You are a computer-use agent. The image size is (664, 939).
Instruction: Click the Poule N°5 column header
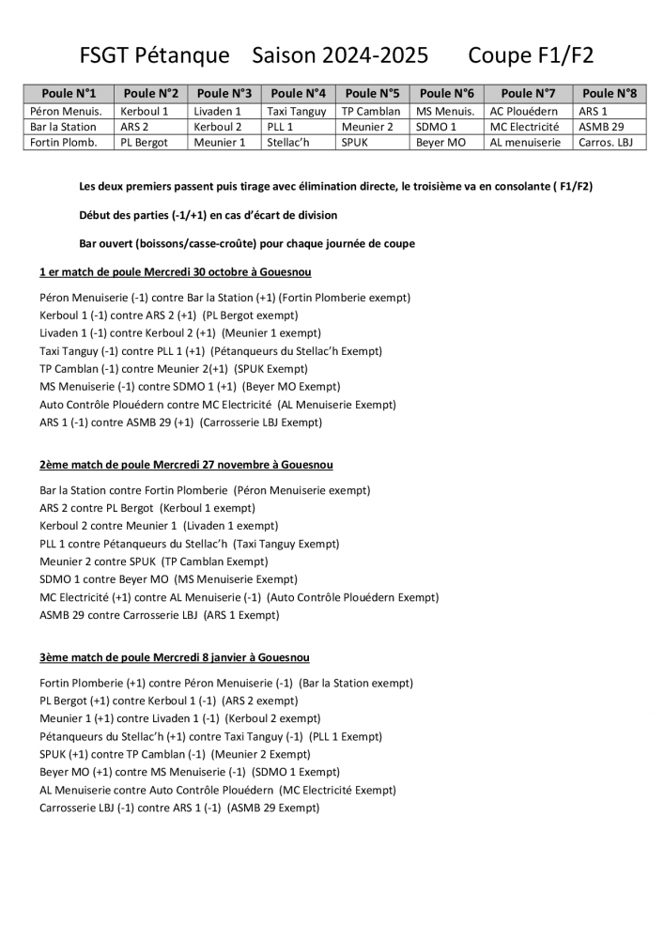373,93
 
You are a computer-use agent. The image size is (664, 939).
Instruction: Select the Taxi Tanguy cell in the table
297,111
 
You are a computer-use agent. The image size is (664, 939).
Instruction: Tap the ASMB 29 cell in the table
601,126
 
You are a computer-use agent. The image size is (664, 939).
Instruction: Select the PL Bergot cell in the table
144,142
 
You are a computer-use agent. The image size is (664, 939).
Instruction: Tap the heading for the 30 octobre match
176,271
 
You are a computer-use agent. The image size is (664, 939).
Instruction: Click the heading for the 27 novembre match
186,465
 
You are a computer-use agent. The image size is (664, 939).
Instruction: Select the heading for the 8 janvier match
175,657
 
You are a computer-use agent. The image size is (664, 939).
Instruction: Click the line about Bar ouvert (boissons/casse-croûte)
247,243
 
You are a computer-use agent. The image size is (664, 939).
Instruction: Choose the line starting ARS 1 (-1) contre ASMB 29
181,423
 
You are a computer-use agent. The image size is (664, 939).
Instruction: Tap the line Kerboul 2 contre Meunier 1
159,526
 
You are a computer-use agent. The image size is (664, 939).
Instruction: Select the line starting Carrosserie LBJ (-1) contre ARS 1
179,807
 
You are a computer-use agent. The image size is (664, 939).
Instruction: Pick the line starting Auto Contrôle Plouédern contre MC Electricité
218,405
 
